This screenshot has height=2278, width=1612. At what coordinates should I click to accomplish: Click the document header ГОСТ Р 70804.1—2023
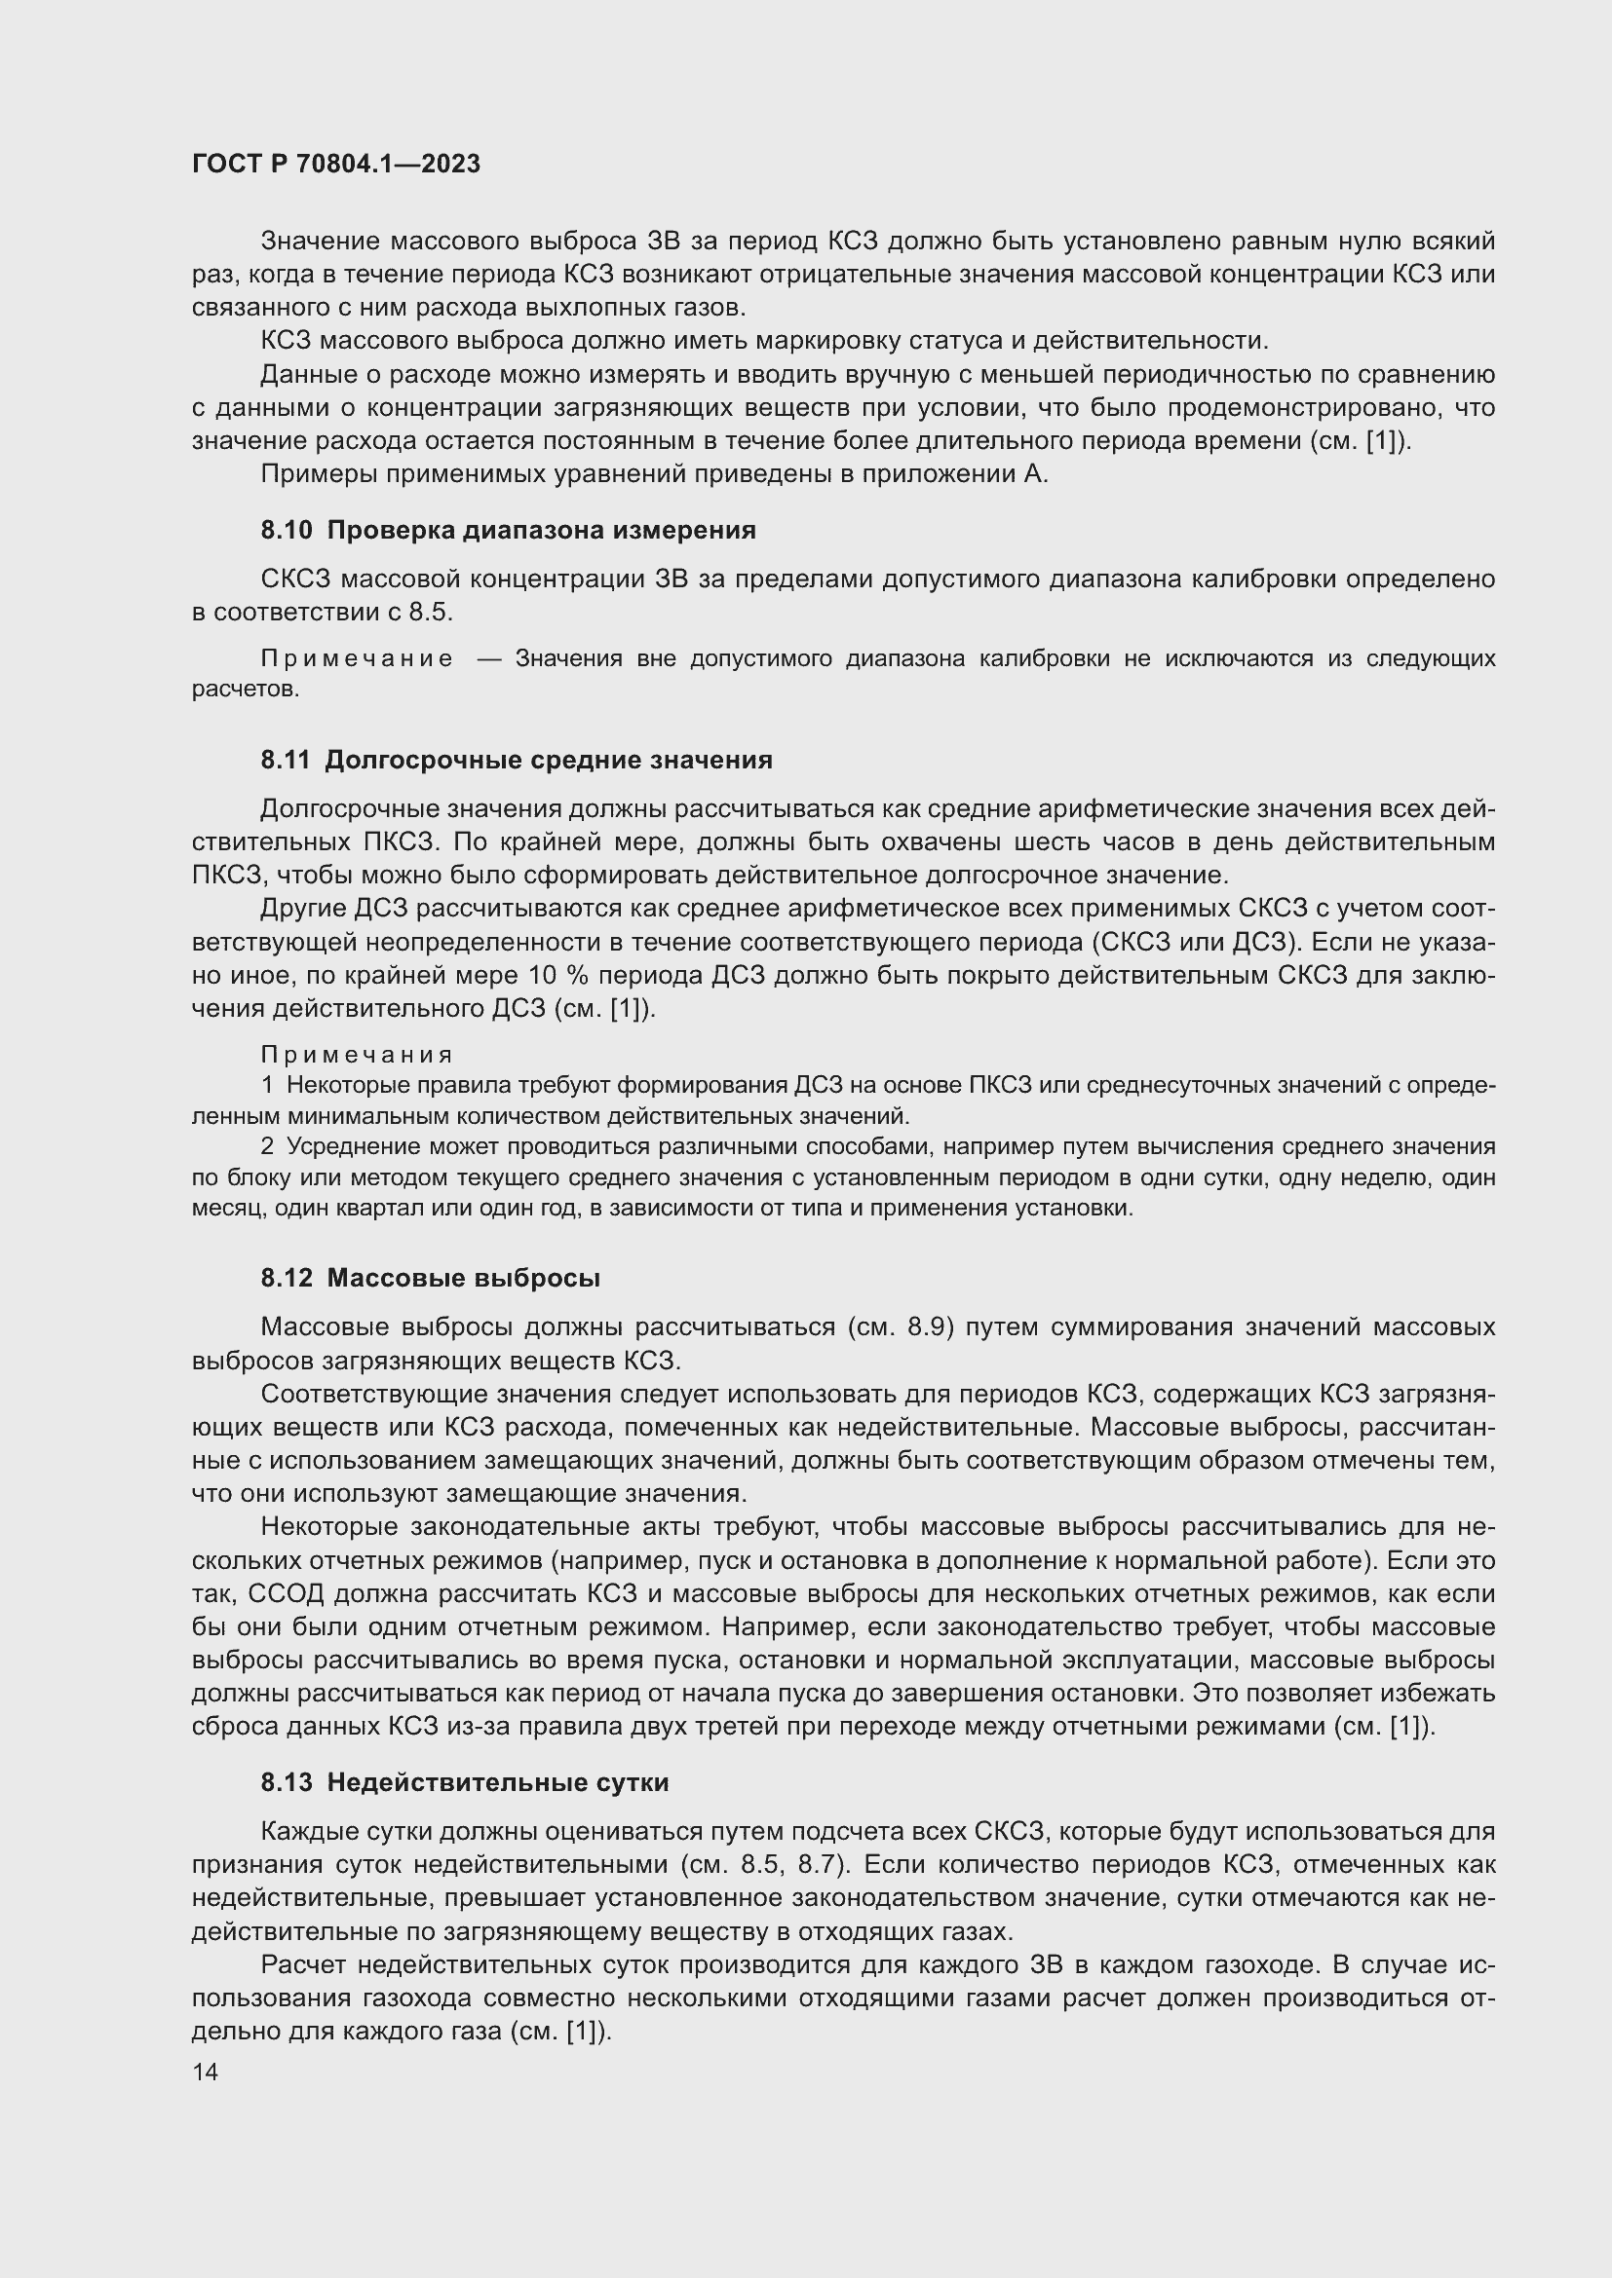[335, 164]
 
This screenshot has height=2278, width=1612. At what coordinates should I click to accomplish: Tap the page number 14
[205, 2072]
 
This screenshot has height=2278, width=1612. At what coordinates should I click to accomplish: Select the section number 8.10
[286, 531]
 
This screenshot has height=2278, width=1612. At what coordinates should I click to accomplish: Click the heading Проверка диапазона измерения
[541, 531]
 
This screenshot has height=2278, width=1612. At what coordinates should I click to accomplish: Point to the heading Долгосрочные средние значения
[548, 761]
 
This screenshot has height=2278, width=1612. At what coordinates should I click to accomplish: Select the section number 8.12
[286, 1279]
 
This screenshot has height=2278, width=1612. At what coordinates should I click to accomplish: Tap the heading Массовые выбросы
[463, 1279]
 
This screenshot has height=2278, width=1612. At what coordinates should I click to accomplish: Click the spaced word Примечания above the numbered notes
[357, 1055]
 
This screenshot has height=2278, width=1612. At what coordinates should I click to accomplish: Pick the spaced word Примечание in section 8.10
[357, 658]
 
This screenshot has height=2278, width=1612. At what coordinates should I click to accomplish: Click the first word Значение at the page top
[318, 242]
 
